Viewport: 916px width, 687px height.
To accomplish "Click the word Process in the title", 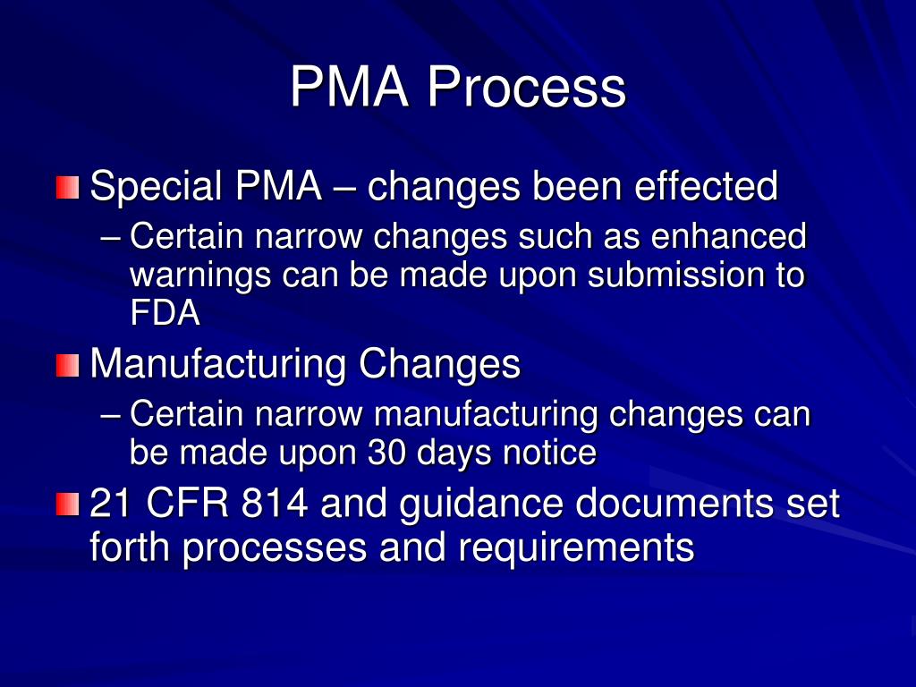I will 525,89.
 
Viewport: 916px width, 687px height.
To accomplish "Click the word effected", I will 706,187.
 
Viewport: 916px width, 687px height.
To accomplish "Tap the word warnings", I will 200,276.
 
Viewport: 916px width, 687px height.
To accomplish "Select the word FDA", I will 165,313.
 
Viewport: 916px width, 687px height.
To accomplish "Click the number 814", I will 275,505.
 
